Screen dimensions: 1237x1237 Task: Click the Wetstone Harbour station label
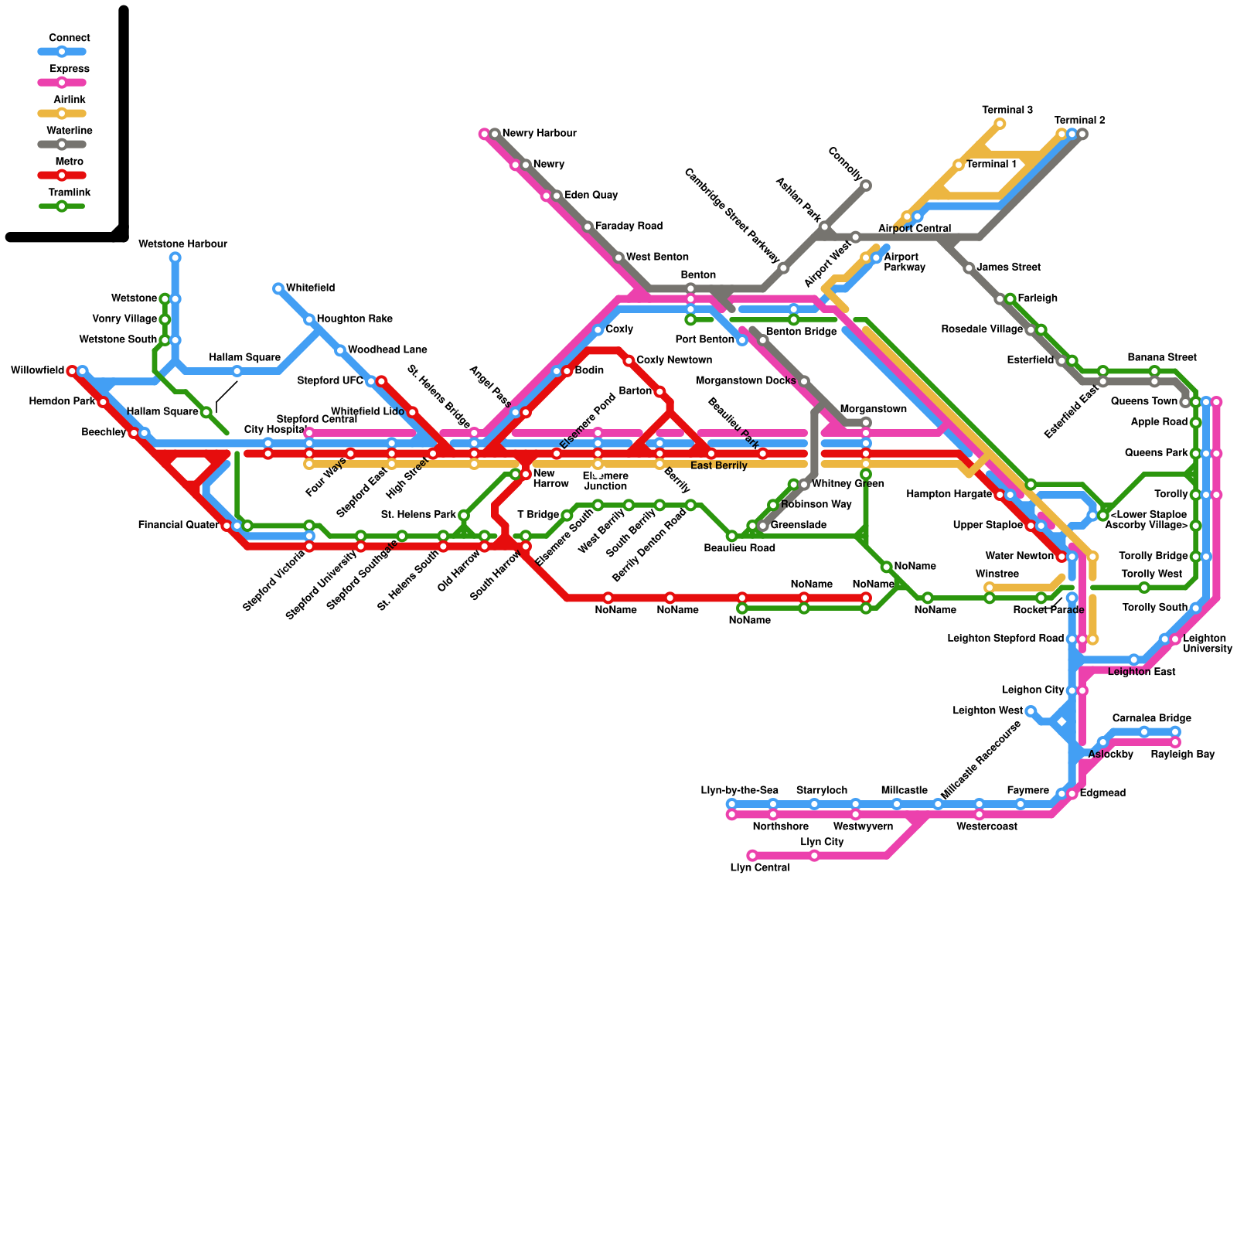[x=182, y=244]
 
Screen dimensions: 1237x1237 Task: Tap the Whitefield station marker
[x=278, y=288]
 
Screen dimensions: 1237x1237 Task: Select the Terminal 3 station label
[x=1007, y=111]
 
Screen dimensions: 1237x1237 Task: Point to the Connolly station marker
[x=866, y=185]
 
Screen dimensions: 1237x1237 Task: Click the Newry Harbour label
[x=539, y=134]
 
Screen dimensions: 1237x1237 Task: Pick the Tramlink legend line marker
[x=62, y=206]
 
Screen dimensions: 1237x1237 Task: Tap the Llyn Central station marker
[x=752, y=855]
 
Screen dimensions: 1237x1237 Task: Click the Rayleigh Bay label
[x=1182, y=755]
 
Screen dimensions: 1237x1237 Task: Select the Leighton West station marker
[x=1031, y=711]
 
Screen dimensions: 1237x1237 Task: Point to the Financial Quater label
[x=178, y=526]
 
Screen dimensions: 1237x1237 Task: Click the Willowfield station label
[x=37, y=371]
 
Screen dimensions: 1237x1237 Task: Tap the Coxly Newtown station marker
[x=629, y=361]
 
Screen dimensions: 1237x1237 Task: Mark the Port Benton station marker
[x=742, y=340]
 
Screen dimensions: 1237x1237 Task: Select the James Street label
[x=1008, y=268]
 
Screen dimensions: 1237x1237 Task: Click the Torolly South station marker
[x=1195, y=608]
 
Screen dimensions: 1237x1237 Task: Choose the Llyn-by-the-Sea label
[x=739, y=791]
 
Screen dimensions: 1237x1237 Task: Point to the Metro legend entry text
[x=70, y=162]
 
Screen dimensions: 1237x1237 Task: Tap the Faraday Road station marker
[x=588, y=227]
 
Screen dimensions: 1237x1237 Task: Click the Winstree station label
[x=997, y=574]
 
